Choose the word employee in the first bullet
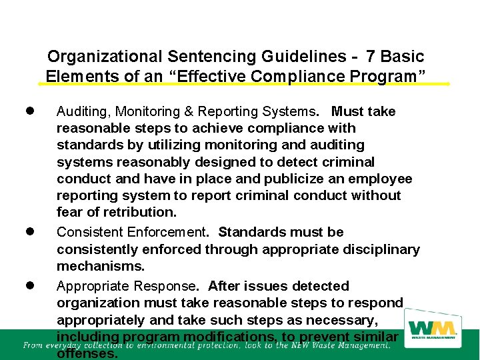pyautogui.click(x=383, y=179)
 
